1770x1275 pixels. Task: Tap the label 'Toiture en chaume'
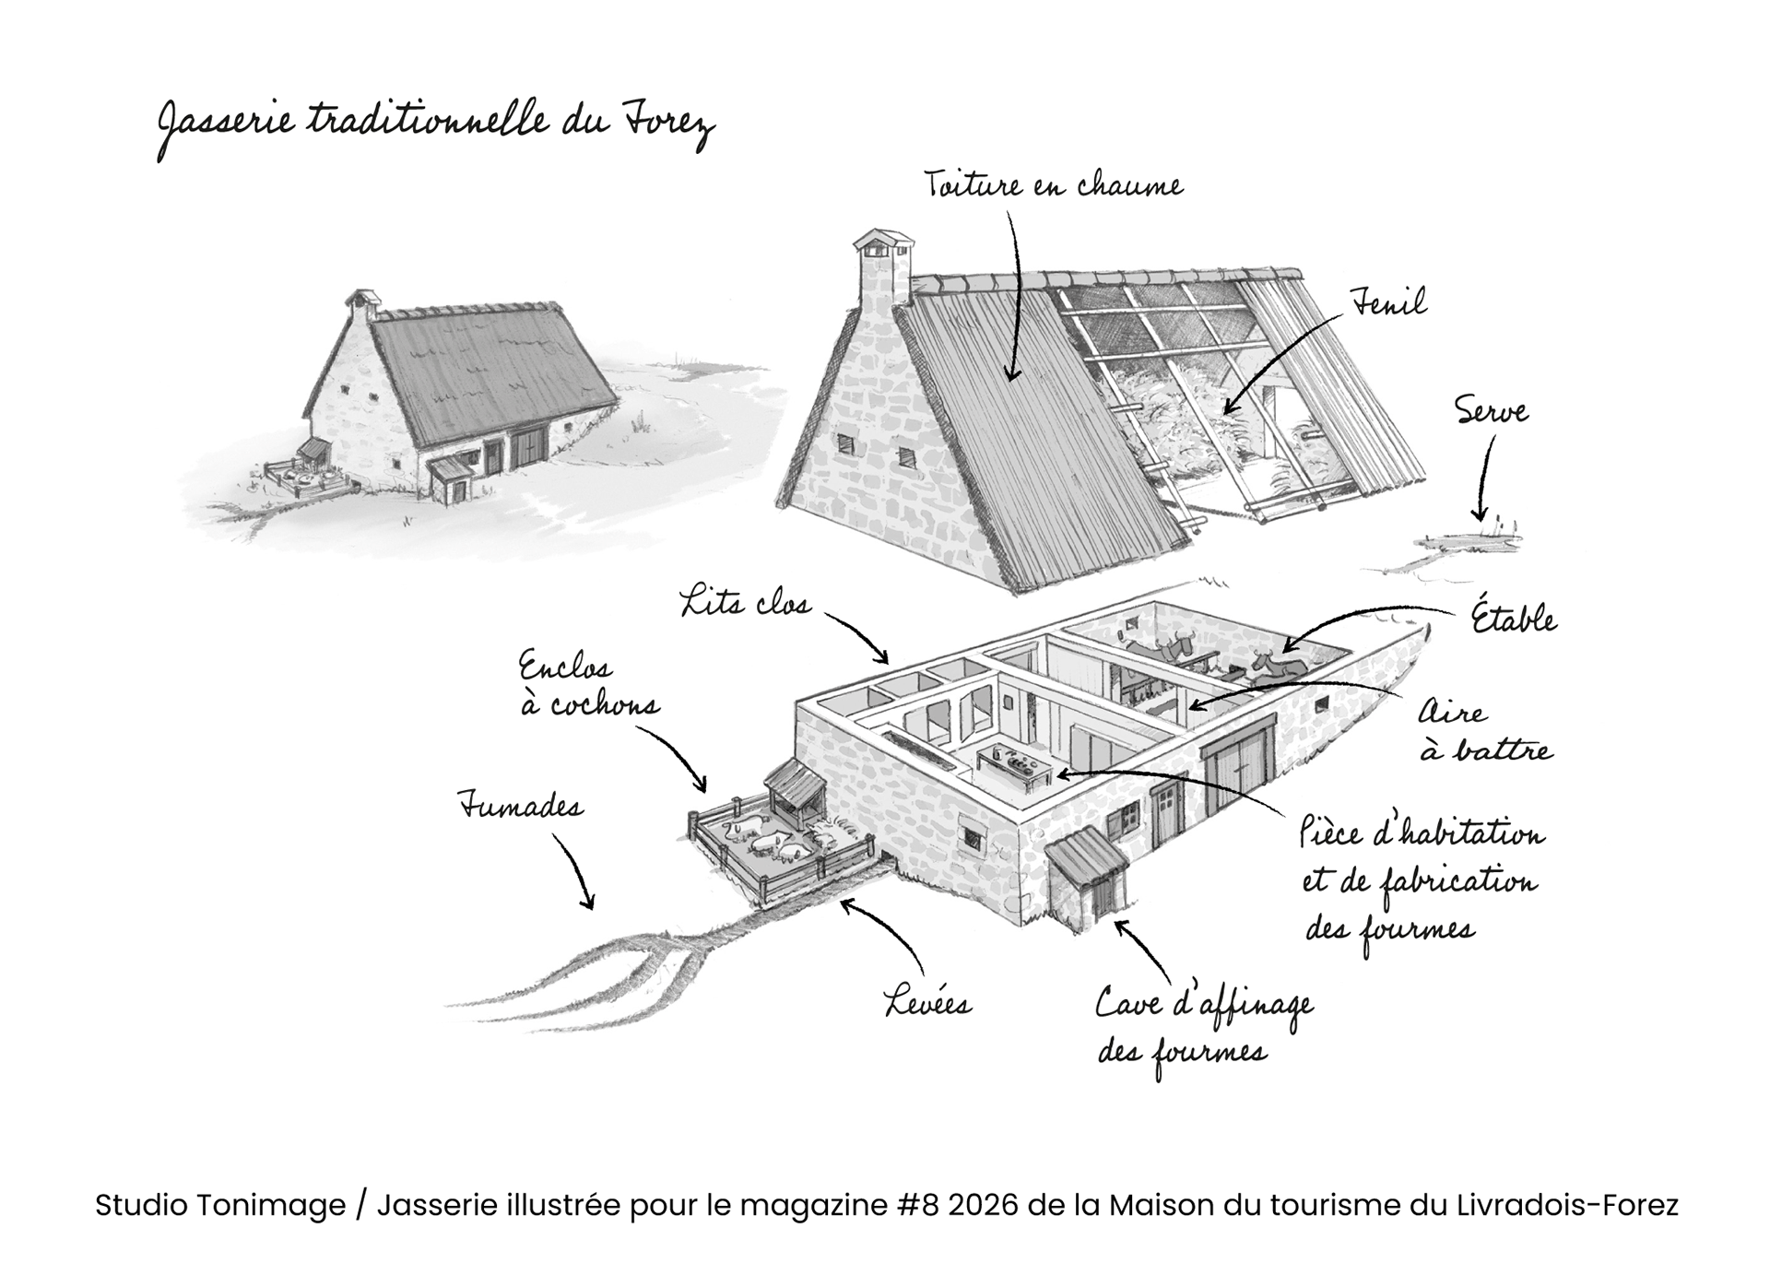1053,185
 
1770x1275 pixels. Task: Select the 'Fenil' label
1388,303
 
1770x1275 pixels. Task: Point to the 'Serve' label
1491,411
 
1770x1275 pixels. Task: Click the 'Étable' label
1513,619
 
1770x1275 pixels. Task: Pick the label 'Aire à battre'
1484,731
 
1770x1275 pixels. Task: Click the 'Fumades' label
521,808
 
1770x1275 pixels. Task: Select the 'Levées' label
927,1002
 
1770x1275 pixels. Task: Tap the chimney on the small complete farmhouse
362,303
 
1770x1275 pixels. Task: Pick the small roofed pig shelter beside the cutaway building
796,794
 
